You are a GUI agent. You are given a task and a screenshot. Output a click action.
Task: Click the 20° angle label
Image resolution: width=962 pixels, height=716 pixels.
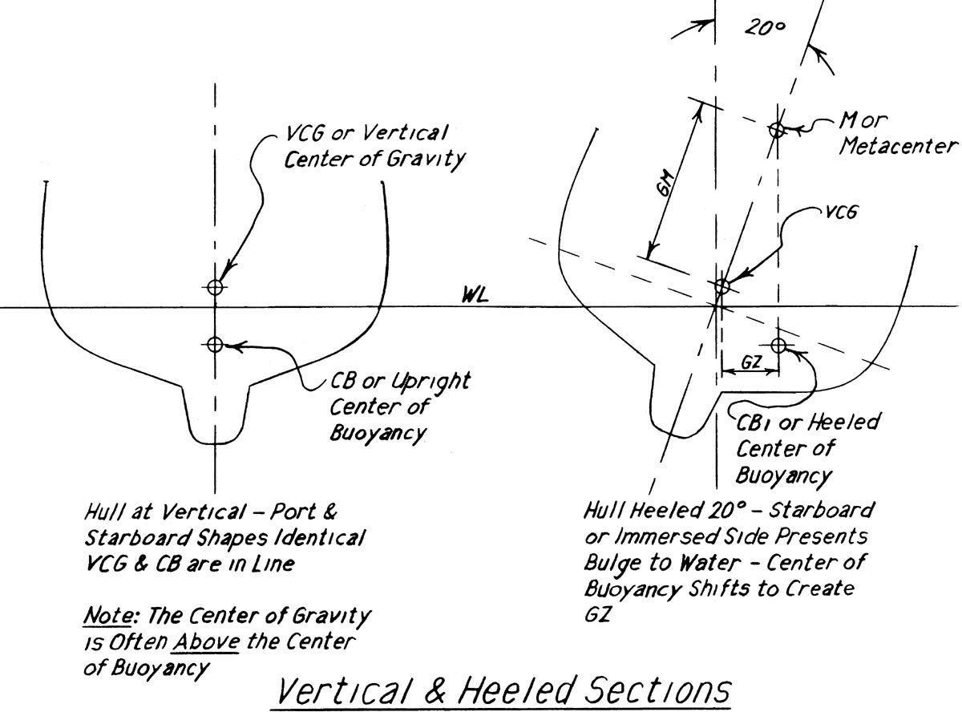766,28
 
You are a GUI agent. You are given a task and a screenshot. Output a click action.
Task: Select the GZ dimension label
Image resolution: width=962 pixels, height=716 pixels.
750,362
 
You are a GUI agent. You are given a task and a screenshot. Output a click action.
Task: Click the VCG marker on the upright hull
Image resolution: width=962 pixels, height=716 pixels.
214,286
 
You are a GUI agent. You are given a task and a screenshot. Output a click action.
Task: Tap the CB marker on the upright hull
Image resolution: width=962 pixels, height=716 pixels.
214,344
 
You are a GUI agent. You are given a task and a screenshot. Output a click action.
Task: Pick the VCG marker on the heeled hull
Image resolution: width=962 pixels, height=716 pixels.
721,285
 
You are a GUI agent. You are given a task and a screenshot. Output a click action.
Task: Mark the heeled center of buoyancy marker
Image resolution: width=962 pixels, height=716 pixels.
778,345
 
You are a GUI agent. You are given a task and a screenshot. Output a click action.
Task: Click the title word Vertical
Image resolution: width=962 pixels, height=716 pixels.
338,691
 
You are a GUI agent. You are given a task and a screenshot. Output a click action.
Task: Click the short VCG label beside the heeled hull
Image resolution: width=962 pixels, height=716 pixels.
843,213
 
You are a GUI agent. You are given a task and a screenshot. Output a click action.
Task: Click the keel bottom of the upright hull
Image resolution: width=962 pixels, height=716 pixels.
215,442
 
